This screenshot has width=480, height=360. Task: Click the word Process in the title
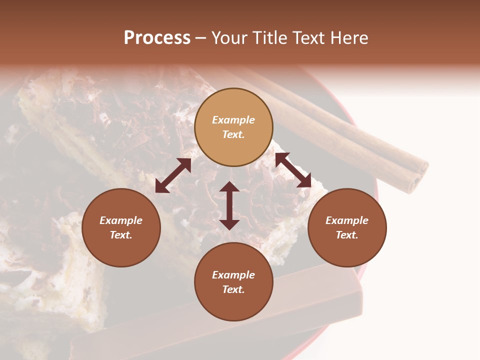157,38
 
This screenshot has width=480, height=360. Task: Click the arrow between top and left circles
173,175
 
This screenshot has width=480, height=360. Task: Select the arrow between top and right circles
293,170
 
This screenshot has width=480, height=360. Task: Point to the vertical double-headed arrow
229,205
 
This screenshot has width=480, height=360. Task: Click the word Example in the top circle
233,120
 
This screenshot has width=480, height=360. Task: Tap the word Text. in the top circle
233,134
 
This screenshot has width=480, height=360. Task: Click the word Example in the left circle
121,220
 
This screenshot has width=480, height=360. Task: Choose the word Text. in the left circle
121,235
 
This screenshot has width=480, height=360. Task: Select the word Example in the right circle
347,220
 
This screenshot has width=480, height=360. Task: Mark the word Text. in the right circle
347,235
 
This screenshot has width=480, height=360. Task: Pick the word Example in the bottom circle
233,275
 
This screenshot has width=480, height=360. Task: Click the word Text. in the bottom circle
233,289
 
